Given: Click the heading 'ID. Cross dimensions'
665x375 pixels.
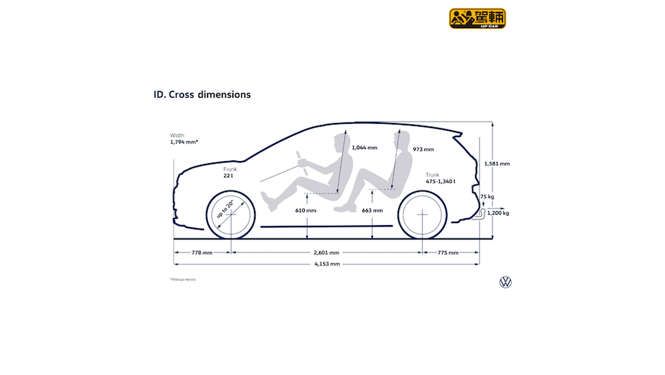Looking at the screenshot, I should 201,94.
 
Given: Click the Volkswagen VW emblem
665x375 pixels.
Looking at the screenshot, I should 505,282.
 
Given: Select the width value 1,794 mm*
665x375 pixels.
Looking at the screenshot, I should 184,142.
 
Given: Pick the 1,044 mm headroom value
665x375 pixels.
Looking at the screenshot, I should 364,148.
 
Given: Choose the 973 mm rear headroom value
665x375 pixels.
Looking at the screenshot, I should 424,149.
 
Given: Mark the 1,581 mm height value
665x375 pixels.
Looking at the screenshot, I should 498,163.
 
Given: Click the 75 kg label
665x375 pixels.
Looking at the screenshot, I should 487,197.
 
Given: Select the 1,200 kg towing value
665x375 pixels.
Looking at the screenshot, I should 498,212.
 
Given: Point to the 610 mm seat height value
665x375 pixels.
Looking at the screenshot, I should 305,210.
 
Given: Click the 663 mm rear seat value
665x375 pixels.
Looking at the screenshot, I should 372,210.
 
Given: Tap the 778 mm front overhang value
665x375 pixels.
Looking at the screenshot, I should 202,253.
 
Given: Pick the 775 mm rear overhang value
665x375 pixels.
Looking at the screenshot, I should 448,253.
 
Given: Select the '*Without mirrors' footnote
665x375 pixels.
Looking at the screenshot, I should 183,279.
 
